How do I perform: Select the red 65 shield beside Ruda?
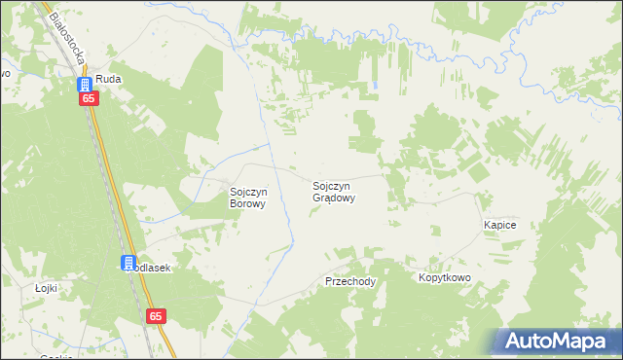tap(89, 99)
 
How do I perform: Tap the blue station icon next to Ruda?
tap(85, 84)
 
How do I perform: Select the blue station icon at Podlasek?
tap(128, 262)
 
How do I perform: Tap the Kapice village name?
tap(499, 225)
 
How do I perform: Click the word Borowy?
tap(247, 204)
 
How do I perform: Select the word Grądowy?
tap(333, 198)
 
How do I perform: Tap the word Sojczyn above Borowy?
tap(247, 192)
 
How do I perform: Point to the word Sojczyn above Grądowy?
tap(333, 185)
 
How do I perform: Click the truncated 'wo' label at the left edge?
tap(4, 74)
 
